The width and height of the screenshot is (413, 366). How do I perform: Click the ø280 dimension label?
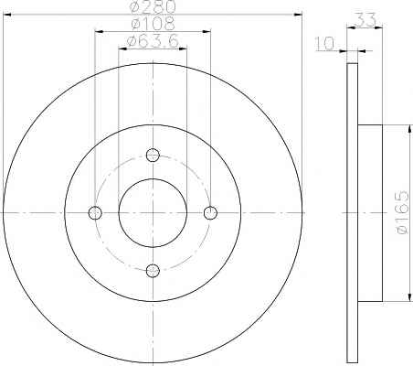[154, 7]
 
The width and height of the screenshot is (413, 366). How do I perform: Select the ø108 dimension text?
[153, 24]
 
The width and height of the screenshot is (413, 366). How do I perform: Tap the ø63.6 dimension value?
[153, 41]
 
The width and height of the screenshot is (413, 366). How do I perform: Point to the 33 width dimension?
[365, 20]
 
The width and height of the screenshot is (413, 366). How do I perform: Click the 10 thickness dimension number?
[324, 43]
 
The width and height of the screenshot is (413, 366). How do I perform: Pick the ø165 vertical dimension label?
[402, 212]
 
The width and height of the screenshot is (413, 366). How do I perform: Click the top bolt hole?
[153, 155]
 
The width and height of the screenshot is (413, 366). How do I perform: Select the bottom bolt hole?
[153, 271]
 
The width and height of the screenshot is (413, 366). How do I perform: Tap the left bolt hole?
[95, 212]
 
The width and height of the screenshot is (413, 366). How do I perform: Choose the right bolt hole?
[210, 212]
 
